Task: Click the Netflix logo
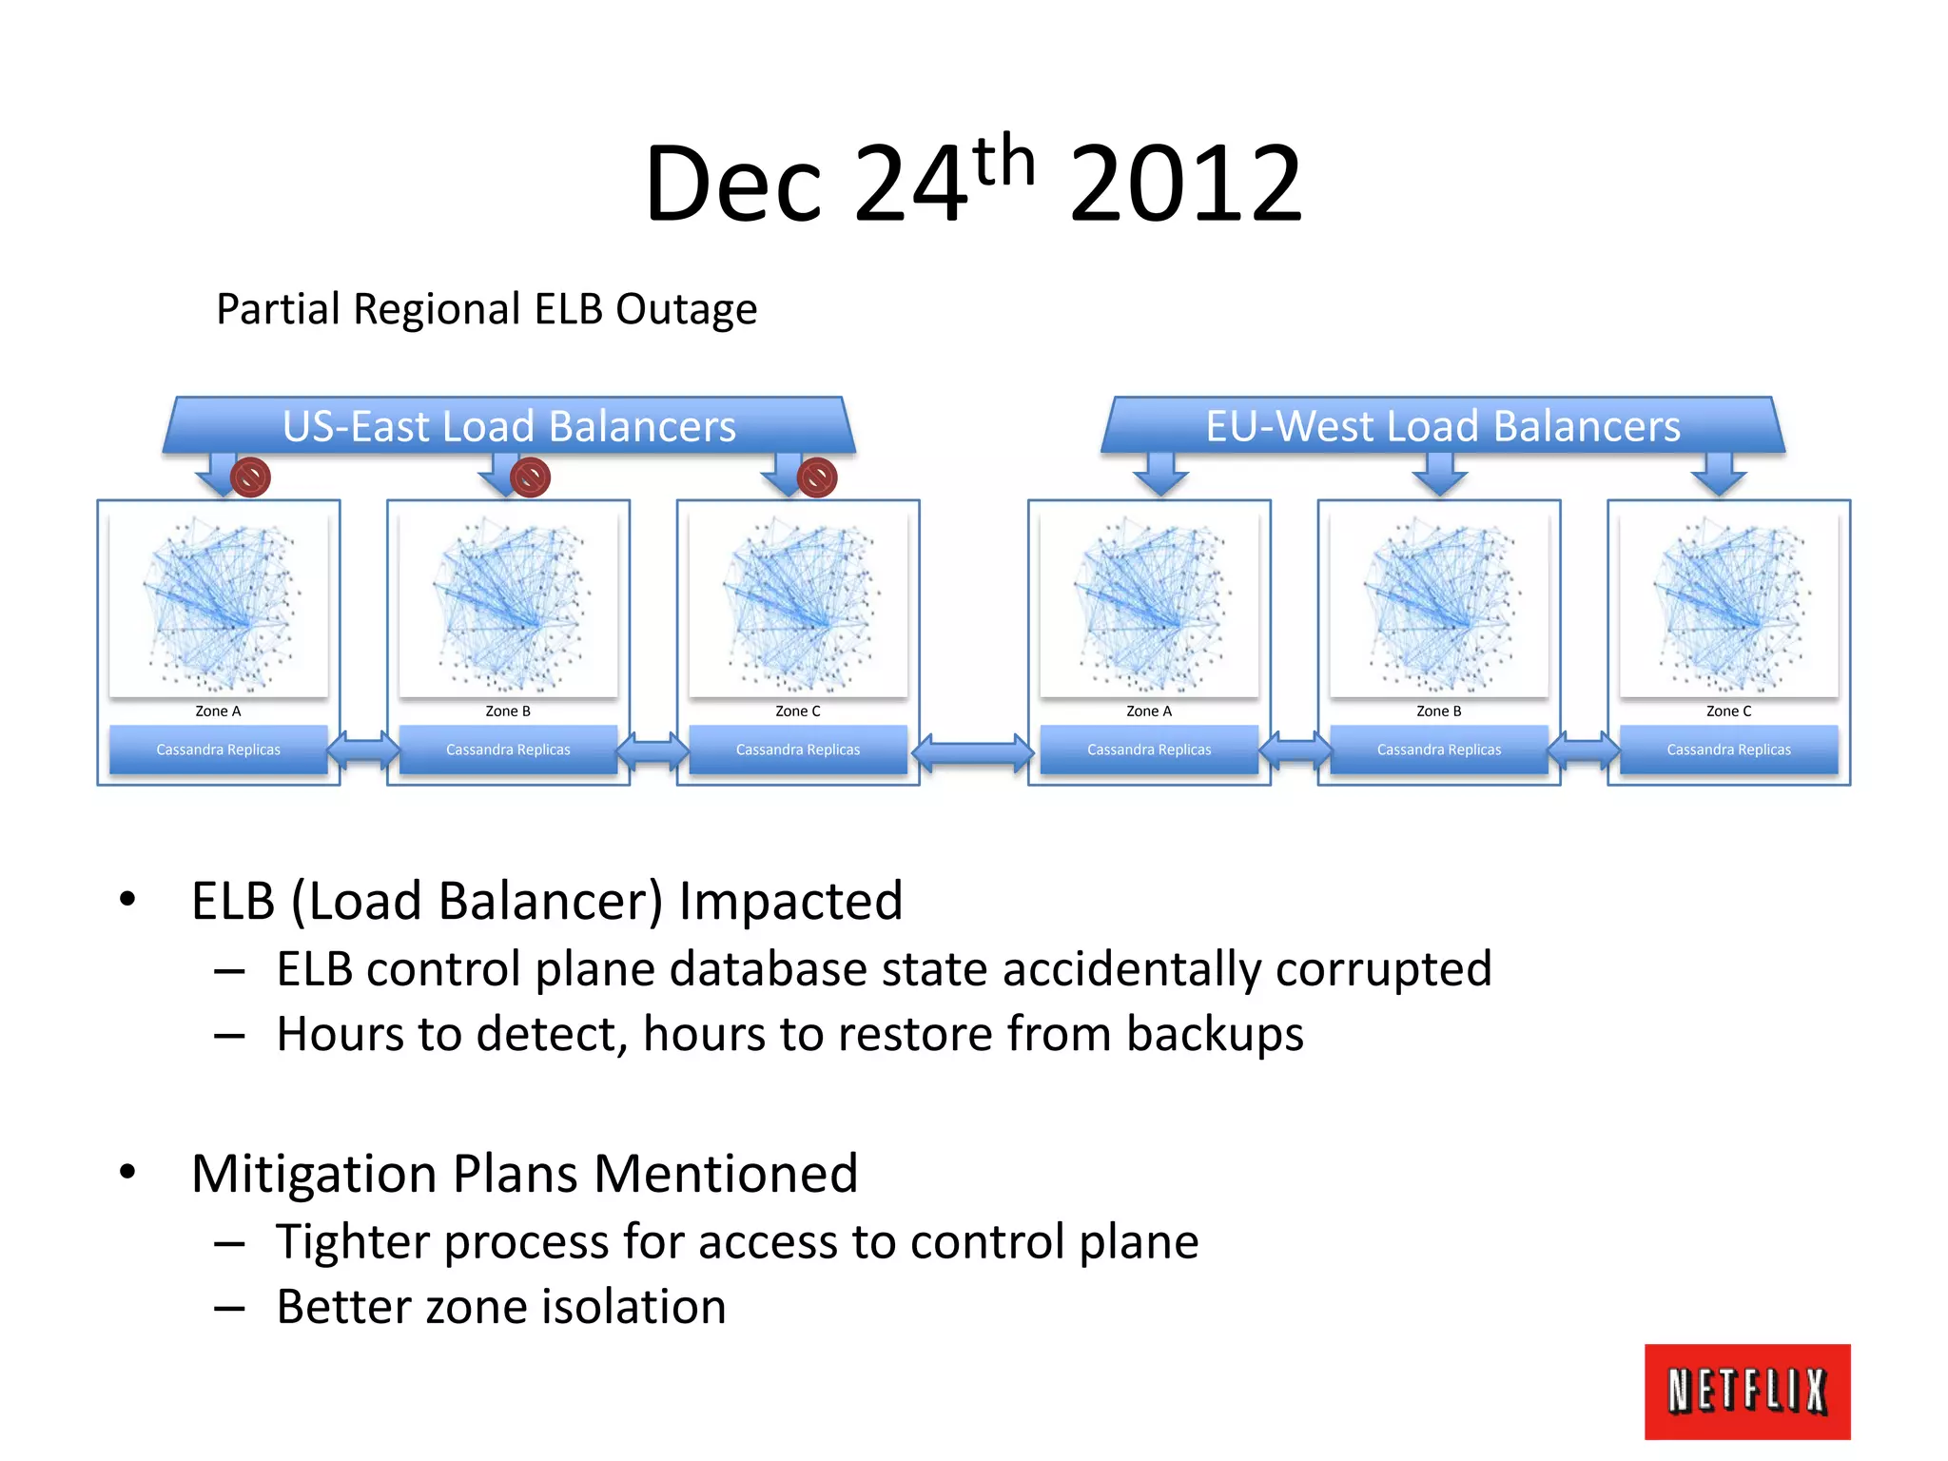tap(1746, 1391)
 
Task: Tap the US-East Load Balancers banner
tap(509, 425)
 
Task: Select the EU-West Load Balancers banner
tap(1443, 425)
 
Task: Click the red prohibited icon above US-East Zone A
tap(251, 477)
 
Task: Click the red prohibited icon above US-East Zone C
tap(817, 477)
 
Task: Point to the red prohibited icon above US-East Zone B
tap(531, 477)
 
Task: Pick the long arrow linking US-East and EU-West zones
tap(973, 753)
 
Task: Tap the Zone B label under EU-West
tap(1438, 711)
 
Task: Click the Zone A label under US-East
tap(218, 711)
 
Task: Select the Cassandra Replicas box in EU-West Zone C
tap(1728, 750)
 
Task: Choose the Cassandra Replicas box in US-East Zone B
tap(508, 750)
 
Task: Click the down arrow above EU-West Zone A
tap(1160, 474)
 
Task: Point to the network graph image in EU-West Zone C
tap(1728, 603)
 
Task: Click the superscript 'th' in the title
tap(1004, 162)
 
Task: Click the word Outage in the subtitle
tap(686, 310)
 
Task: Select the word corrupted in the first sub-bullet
tap(1383, 970)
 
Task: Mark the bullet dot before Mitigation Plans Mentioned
tap(127, 1172)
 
